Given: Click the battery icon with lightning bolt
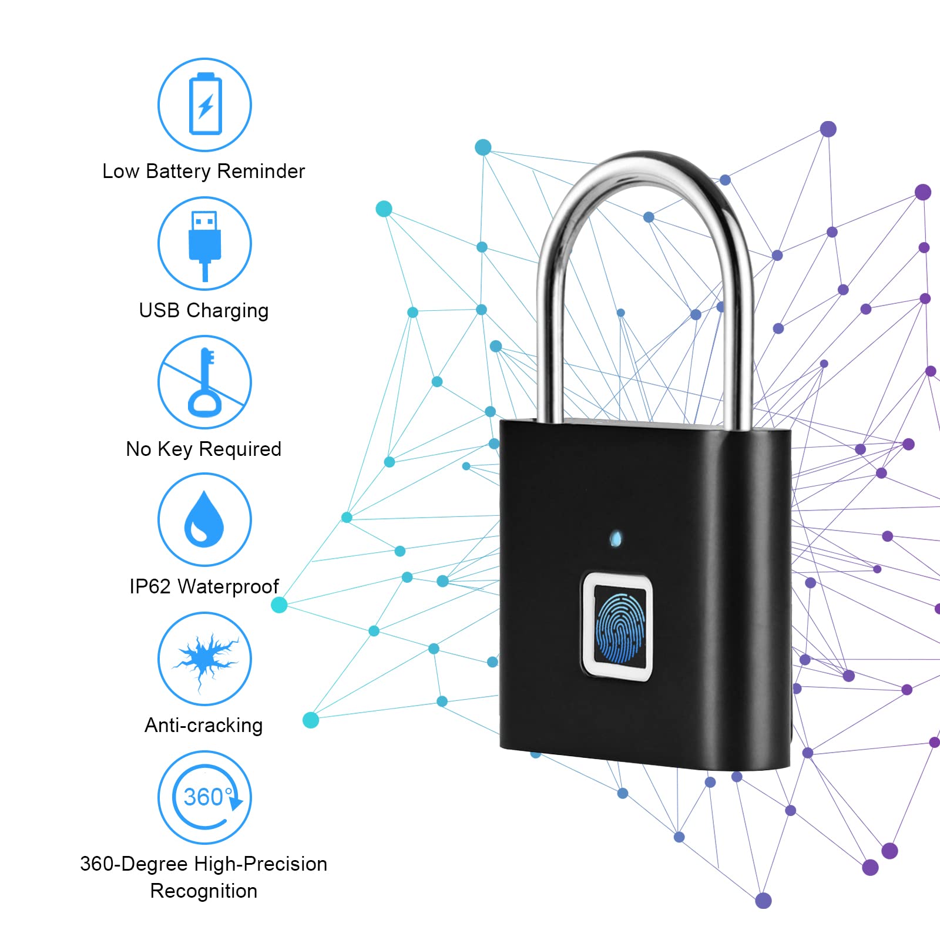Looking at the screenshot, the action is pyautogui.click(x=205, y=104).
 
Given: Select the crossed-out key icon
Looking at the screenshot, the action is pyautogui.click(x=204, y=382).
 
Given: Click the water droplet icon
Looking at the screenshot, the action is pyautogui.click(x=204, y=519).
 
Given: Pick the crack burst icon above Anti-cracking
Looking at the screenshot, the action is pyautogui.click(x=204, y=658).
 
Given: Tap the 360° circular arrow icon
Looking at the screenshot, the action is pyautogui.click(x=205, y=797).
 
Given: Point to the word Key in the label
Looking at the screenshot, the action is pyautogui.click(x=174, y=449).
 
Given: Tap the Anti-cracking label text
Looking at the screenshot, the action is pyautogui.click(x=203, y=726).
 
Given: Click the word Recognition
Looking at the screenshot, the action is pyautogui.click(x=204, y=891).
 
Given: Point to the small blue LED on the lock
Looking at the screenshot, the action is pyautogui.click(x=616, y=538).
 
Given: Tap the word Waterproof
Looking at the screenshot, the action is pyautogui.click(x=228, y=586).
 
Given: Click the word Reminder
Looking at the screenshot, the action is pyautogui.click(x=261, y=172).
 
